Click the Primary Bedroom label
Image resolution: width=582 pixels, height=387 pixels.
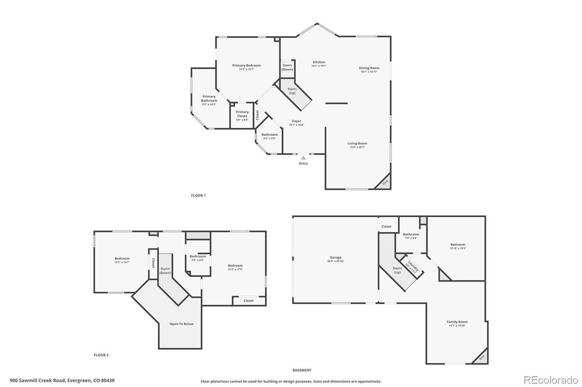tap(246, 65)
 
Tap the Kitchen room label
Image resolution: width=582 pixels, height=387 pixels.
tap(319, 62)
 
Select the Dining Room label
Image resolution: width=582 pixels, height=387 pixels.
tap(369, 68)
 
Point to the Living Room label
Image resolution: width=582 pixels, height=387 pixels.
tap(357, 143)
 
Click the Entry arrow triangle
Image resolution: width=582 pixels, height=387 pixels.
tap(303, 157)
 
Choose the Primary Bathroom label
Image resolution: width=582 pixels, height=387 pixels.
tap(209, 99)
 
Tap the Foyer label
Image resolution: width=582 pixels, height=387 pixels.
tap(297, 121)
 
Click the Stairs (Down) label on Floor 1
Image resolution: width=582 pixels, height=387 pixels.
tap(287, 67)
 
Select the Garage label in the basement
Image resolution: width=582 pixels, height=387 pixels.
tap(336, 258)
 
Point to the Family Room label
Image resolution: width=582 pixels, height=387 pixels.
tap(457, 322)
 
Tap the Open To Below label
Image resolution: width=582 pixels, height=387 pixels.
tap(181, 324)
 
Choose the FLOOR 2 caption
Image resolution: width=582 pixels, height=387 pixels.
tap(101, 355)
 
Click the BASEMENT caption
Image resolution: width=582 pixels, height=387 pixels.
tap(302, 370)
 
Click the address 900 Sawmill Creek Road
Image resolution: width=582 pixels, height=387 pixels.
tap(62, 380)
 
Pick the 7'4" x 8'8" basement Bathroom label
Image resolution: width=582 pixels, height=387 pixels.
tap(411, 234)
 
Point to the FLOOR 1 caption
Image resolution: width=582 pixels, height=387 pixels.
tap(198, 195)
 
